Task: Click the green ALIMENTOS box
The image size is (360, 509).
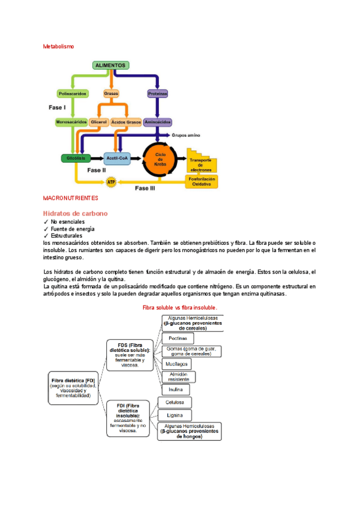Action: coord(110,65)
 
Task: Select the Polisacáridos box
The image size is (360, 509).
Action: coord(72,94)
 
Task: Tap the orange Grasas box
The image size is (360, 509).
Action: coord(111,94)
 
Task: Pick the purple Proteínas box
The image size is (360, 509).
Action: coord(158,94)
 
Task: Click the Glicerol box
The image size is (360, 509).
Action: coord(98,122)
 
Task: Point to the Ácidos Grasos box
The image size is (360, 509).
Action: coord(125,122)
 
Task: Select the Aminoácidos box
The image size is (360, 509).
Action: coord(158,122)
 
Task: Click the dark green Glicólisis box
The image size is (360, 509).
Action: coord(76,158)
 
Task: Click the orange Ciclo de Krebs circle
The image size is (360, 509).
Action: coord(160,160)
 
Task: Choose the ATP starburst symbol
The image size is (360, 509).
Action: coord(111,181)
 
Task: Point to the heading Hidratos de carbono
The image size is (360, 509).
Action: coord(75,213)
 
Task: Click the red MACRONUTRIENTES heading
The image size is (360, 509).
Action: coord(71,197)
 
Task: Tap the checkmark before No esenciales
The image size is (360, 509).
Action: coord(46,222)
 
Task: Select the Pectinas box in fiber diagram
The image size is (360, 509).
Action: coord(176,339)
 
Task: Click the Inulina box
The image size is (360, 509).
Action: coord(176,390)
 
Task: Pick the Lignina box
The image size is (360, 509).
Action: coord(175,415)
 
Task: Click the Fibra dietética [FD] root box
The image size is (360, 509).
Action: coord(74,388)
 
